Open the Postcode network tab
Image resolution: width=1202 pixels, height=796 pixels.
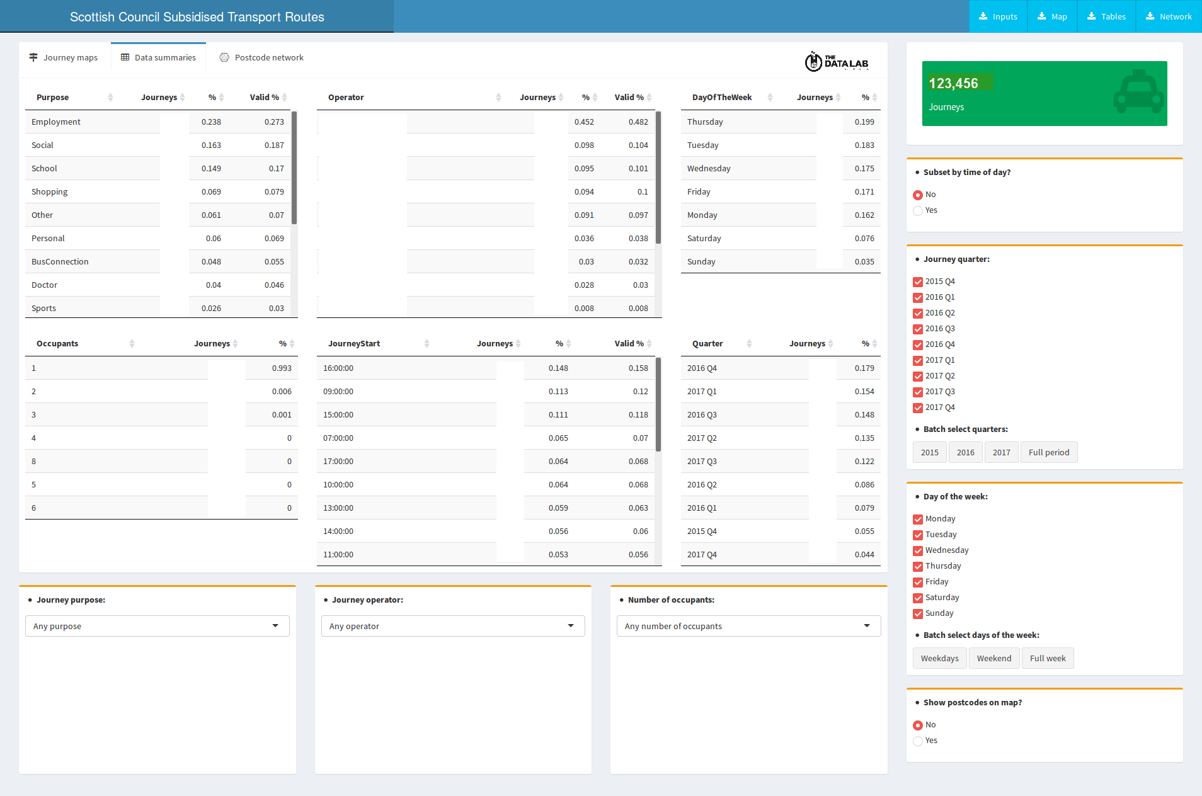(261, 57)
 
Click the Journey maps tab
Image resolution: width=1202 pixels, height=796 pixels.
(64, 57)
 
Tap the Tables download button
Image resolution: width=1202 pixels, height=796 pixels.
(1106, 16)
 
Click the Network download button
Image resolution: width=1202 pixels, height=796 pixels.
(1169, 16)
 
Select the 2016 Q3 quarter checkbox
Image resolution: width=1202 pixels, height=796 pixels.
(918, 329)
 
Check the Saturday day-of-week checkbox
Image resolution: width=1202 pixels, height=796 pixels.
(918, 598)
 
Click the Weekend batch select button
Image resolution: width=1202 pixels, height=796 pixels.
(994, 658)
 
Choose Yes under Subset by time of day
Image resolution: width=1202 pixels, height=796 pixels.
(918, 210)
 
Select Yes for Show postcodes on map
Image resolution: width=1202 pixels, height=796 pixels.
(918, 741)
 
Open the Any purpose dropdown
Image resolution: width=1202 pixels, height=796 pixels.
(157, 626)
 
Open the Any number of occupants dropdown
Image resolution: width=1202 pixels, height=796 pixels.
(748, 626)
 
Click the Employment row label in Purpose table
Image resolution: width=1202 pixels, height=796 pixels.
(56, 122)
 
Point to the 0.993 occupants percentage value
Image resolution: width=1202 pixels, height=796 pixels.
(282, 368)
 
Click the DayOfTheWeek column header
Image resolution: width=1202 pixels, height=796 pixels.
(722, 97)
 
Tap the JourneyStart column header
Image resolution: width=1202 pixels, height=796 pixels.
(354, 343)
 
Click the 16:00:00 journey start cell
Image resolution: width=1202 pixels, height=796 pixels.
(338, 368)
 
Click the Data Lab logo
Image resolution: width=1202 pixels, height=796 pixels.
(837, 62)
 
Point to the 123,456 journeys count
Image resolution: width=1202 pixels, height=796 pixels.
(953, 83)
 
